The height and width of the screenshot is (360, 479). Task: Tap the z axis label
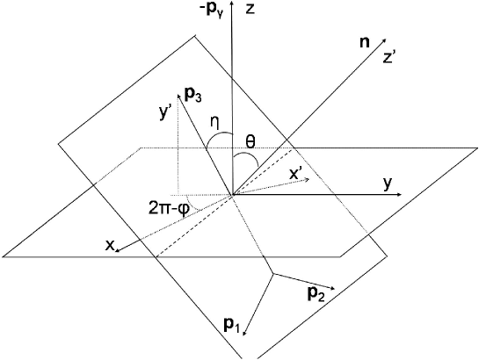tap(250, 10)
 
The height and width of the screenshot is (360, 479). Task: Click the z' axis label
tap(389, 59)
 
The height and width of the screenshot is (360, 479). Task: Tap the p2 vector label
tap(317, 294)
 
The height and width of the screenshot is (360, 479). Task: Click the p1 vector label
tap(232, 327)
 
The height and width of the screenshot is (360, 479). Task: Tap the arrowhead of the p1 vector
tap(244, 335)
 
